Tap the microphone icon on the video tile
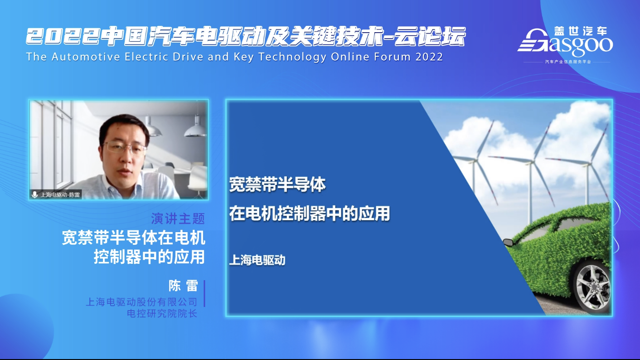(x=35, y=195)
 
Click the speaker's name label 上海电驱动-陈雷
(x=60, y=195)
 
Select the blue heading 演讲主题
(x=178, y=219)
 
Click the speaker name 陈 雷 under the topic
(x=183, y=286)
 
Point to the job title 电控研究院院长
(x=162, y=313)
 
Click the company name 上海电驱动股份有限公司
(x=142, y=302)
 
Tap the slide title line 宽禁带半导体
(x=277, y=185)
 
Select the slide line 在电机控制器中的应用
(x=310, y=214)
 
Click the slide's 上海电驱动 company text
(x=257, y=260)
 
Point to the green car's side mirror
(x=508, y=243)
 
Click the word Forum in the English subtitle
(x=393, y=57)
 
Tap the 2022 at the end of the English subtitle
(x=429, y=57)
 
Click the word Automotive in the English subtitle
(x=86, y=57)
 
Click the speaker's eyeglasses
(x=125, y=148)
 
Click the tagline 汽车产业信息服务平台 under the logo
(x=568, y=62)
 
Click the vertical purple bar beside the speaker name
(x=204, y=293)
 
